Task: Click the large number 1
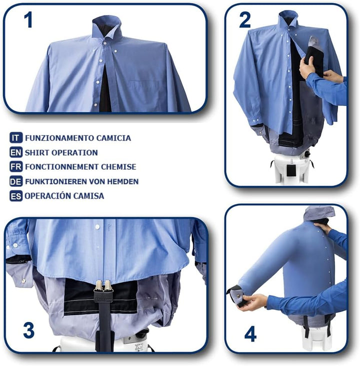pos(28,20)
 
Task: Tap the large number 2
pos(245,20)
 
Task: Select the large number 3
pos(29,330)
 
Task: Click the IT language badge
pos(16,138)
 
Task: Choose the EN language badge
pos(16,152)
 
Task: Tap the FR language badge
pos(16,167)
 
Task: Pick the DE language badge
pos(16,181)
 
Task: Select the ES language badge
pos(16,196)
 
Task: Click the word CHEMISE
pos(118,167)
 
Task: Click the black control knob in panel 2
pos(307,154)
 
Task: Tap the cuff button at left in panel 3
pos(23,281)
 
